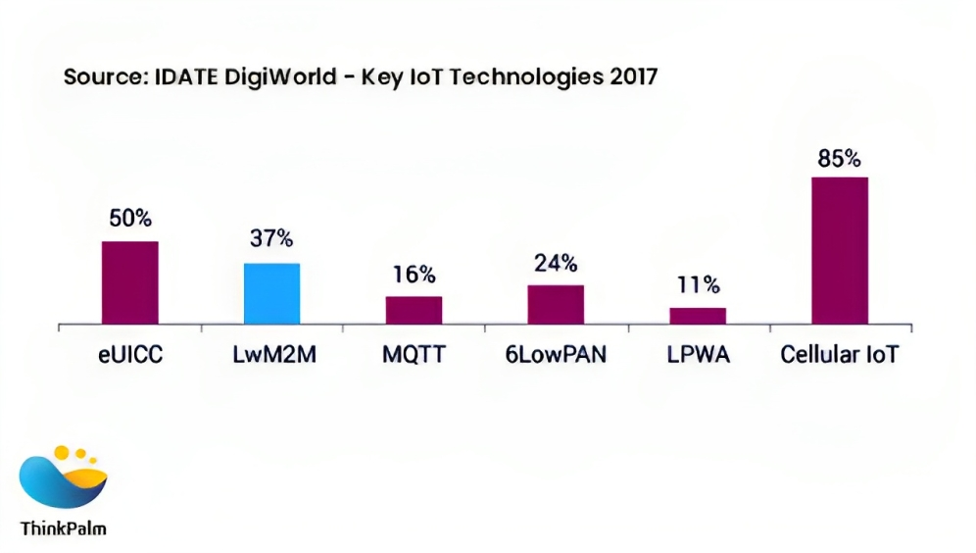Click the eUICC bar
point(130,282)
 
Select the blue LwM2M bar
point(271,293)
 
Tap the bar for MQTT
point(414,310)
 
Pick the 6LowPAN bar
point(556,304)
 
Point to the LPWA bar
point(698,316)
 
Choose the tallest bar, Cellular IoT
point(840,250)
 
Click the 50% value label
point(130,219)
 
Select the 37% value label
point(271,240)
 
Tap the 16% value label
point(414,275)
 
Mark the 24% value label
point(556,263)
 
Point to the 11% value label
point(698,285)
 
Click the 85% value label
point(840,158)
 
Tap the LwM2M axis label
point(270,354)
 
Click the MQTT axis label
point(414,354)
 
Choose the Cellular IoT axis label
point(839,354)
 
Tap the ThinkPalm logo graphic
point(63,479)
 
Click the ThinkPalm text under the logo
point(63,528)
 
